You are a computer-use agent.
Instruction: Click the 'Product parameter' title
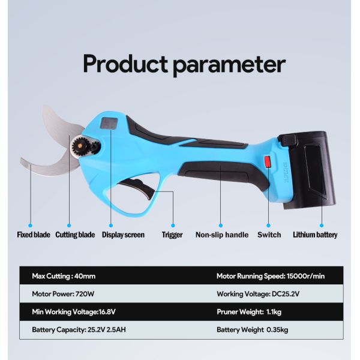[184, 63]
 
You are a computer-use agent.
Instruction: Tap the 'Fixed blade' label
[33, 235]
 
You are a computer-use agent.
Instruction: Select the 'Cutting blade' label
[75, 235]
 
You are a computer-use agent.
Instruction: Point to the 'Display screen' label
[123, 235]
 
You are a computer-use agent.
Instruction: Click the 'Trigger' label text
[172, 235]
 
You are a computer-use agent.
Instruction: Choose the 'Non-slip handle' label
[222, 235]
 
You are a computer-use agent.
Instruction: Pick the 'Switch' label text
[269, 235]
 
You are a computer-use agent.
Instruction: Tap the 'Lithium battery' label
[315, 235]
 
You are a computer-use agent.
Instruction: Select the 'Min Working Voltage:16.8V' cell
[73, 312]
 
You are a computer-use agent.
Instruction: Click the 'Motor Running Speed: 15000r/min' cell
[270, 276]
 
